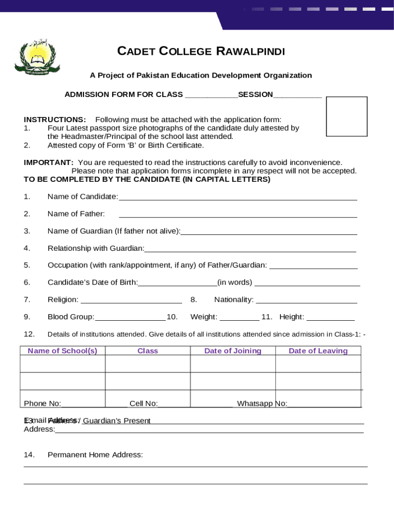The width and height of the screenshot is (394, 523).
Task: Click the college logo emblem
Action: (37, 58)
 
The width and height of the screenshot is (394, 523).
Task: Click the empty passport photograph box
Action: (346, 116)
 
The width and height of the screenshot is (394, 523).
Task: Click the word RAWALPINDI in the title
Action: (251, 51)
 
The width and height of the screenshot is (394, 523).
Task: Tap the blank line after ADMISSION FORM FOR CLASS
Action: (211, 96)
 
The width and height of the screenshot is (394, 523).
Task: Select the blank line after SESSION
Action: (297, 96)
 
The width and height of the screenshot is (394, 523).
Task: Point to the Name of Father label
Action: (76, 213)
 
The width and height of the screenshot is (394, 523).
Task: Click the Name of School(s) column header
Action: (62, 351)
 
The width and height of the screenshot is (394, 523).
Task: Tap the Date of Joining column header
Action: (233, 351)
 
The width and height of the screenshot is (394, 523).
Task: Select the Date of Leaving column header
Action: (318, 351)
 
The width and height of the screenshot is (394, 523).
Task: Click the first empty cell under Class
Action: (147, 364)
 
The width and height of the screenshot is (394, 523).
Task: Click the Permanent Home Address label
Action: (95, 455)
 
